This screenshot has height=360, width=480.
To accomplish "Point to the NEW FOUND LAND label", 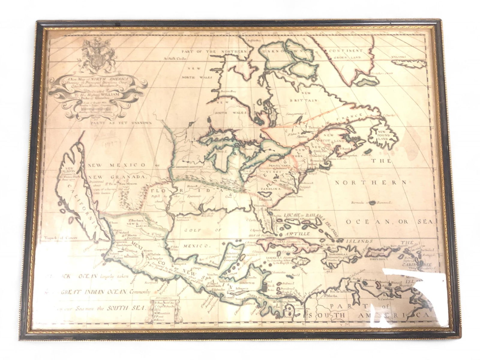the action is (x=384, y=135).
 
